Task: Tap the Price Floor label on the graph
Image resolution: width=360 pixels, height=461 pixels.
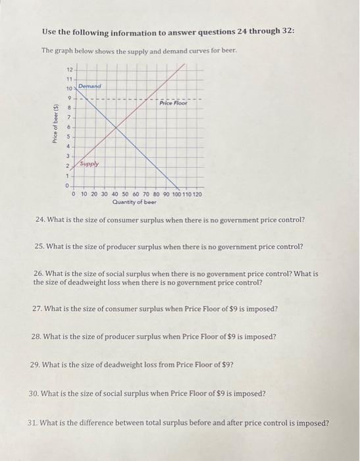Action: [173, 104]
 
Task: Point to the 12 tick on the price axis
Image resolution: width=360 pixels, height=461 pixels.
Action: [70, 69]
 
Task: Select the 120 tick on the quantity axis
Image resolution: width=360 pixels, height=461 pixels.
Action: [197, 195]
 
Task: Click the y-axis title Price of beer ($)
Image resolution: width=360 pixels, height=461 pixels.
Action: [56, 127]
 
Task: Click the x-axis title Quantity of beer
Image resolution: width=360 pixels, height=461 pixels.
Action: [134, 203]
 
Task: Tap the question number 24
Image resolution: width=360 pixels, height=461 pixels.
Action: [41, 218]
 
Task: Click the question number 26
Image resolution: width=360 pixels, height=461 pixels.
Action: [38, 273]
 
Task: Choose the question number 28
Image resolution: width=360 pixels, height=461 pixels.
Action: [36, 337]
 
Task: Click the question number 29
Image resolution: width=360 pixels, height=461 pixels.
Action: [36, 364]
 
